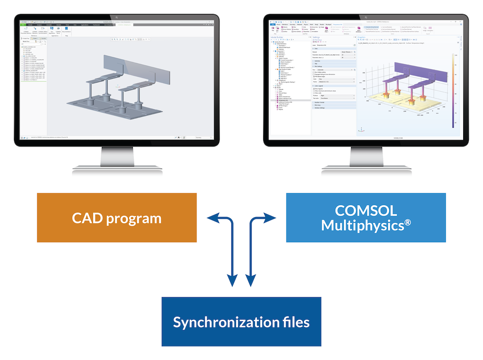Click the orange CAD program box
click(116, 217)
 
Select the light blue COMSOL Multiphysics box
click(366, 217)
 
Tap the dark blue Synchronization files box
click(241, 321)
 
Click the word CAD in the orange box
click(88, 218)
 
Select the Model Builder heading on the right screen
click(280, 37)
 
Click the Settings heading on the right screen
click(316, 37)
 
